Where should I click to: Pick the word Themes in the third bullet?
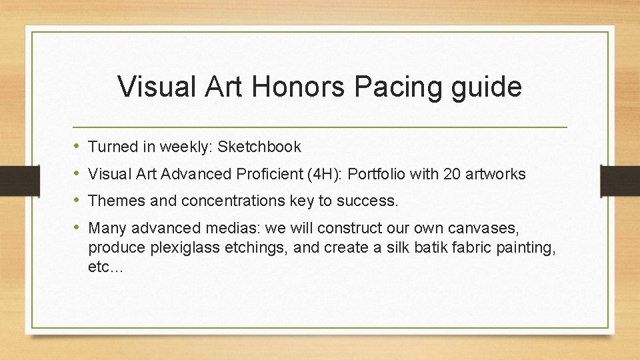113,201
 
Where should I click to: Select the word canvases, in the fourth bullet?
484,229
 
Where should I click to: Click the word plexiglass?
179,248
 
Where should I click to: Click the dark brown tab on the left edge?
12,179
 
